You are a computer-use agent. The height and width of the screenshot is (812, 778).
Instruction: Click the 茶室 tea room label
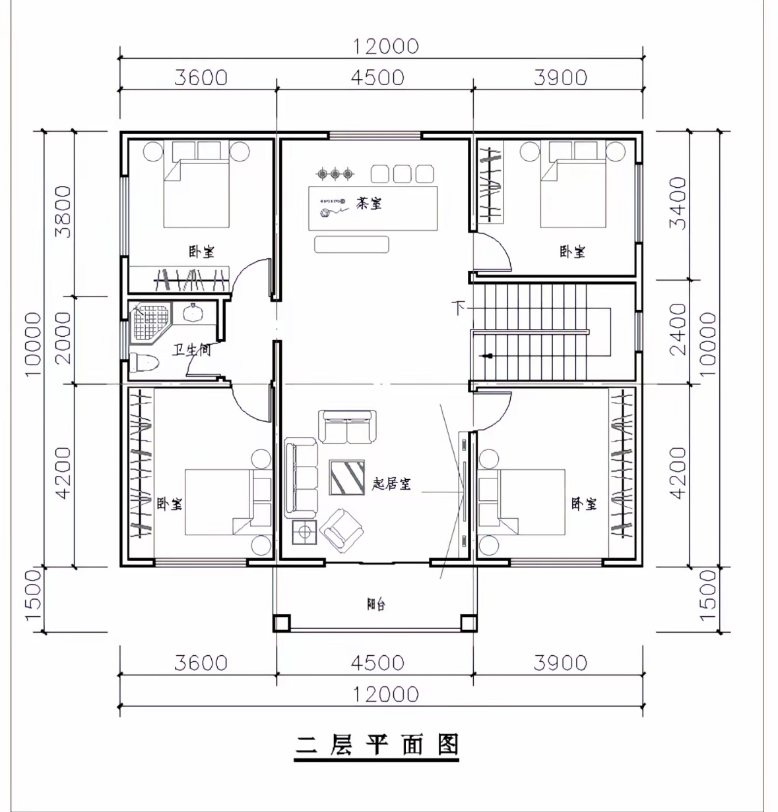(368, 203)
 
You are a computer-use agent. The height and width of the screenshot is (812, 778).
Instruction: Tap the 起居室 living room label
(391, 484)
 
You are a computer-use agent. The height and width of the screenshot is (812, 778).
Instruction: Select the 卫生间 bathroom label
(191, 349)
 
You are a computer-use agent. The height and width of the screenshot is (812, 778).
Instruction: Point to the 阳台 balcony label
(376, 604)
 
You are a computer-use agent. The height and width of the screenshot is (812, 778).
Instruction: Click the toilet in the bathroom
(144, 362)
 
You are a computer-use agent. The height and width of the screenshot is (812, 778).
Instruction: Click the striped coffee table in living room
(347, 477)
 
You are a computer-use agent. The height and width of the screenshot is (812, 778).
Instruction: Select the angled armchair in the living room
(341, 531)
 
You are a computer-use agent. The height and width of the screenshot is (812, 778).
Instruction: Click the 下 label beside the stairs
(459, 308)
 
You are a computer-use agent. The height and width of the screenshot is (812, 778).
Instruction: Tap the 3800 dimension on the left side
(63, 212)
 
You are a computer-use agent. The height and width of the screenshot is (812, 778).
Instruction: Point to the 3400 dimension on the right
(678, 204)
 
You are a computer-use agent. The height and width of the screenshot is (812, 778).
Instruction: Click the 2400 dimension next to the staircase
(678, 330)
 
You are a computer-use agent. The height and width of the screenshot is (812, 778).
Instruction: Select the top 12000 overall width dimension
(385, 46)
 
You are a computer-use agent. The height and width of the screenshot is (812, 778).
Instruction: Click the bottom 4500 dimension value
(377, 662)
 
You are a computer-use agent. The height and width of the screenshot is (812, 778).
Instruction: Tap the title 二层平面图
(377, 744)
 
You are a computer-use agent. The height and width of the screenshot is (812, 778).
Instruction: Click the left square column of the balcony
(282, 623)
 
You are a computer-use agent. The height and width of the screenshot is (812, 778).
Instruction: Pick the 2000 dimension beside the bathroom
(63, 338)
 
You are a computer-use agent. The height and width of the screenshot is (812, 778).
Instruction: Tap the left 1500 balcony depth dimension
(33, 595)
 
